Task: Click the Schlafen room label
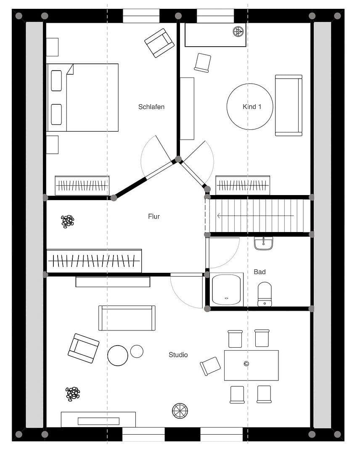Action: click(151, 107)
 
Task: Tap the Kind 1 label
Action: click(252, 107)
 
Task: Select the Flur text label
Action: click(154, 216)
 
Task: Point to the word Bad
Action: click(259, 272)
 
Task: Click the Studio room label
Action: click(178, 355)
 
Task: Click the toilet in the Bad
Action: click(265, 294)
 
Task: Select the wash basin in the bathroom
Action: click(264, 243)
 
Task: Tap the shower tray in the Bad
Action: click(227, 289)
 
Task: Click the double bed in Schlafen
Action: click(82, 98)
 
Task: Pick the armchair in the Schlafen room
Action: click(159, 42)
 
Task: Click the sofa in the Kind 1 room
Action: click(289, 105)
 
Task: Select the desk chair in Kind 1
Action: click(203, 63)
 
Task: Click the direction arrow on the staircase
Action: click(255, 216)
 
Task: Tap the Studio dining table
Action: click(251, 365)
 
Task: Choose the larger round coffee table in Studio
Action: click(118, 355)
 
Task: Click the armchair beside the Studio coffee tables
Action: click(83, 348)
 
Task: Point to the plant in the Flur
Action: click(67, 221)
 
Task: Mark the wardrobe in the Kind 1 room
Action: click(243, 185)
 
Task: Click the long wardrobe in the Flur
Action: click(94, 261)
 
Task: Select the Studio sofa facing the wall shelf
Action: click(127, 318)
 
